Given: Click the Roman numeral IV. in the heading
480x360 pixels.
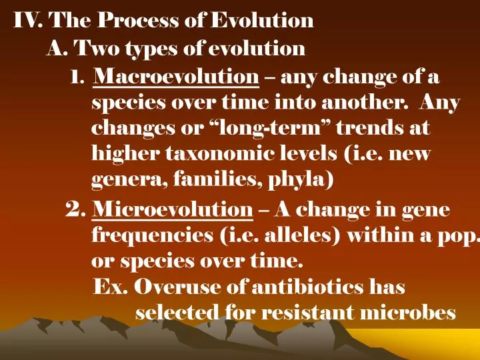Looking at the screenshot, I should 28,21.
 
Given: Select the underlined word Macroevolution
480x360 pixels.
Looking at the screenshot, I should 177,79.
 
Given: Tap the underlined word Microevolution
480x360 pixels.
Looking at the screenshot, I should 173,211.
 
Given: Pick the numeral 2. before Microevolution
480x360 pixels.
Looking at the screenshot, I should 77,211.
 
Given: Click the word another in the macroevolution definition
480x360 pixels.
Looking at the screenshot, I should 361,104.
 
